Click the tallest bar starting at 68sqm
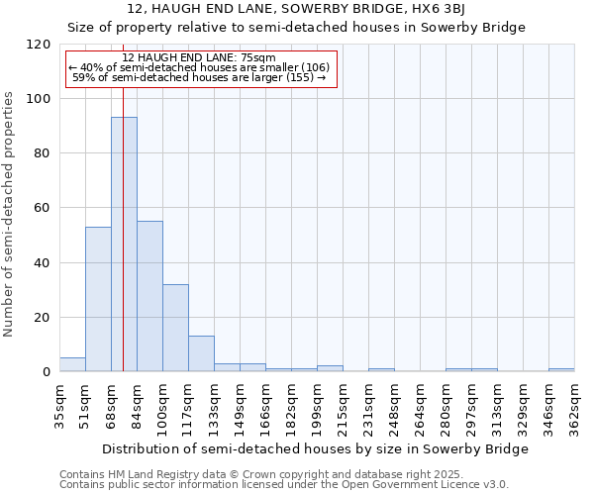pyautogui.click(x=124, y=245)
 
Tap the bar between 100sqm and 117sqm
pyautogui.click(x=175, y=328)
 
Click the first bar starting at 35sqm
pyautogui.click(x=72, y=364)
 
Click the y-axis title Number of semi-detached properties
pyautogui.click(x=10, y=208)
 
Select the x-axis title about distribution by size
pyautogui.click(x=315, y=448)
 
